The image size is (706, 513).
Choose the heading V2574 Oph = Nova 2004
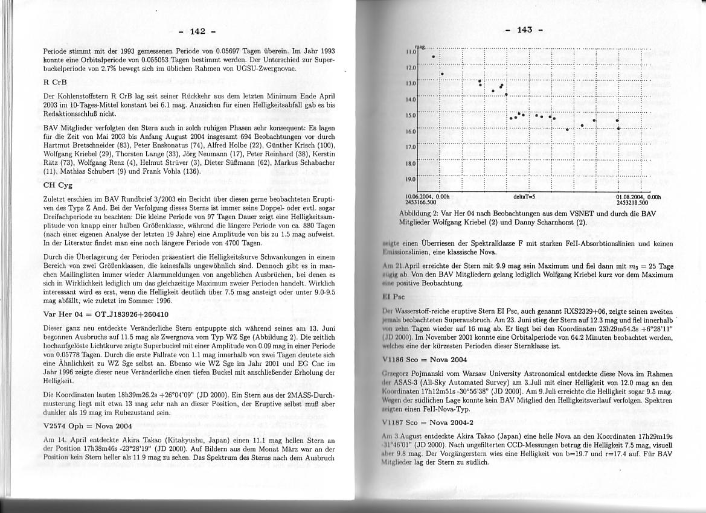[88, 426]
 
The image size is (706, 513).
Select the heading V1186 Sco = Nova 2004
[425, 359]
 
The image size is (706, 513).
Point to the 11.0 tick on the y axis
[409, 53]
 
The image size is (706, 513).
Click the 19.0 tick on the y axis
[409, 179]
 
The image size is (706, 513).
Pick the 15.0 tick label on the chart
[409, 115]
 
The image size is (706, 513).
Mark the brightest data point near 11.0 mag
[433, 57]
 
